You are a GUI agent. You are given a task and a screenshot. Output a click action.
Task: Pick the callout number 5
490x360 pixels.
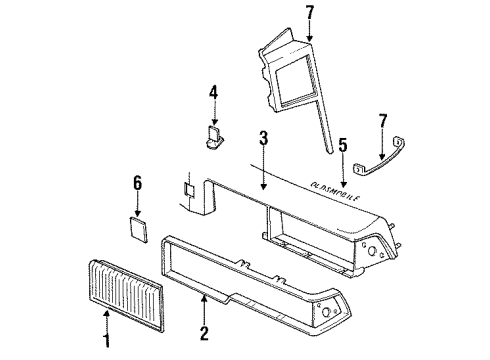[343, 146]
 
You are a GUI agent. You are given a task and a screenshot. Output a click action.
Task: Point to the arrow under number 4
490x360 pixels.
[213, 113]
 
